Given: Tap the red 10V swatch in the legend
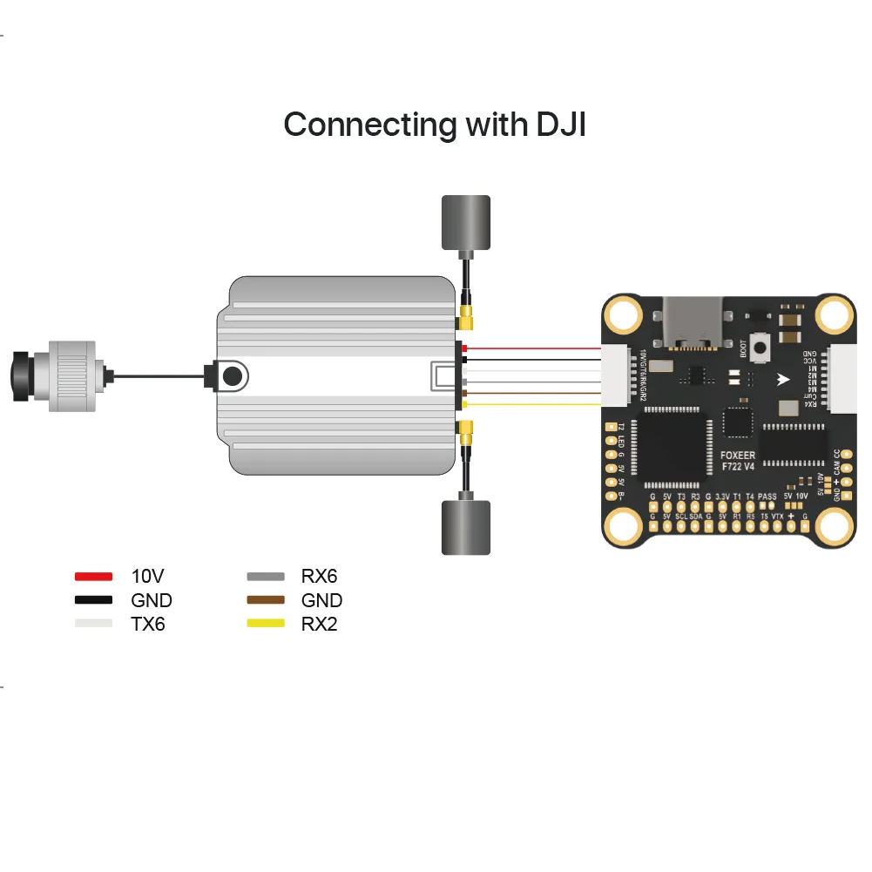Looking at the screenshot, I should coord(93,576).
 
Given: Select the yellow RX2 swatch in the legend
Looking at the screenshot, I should coord(266,624).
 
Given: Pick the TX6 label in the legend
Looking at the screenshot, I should coord(148,624).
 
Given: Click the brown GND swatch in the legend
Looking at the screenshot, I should coord(266,600).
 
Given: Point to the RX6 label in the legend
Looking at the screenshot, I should coord(319,576).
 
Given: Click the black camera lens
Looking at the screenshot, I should coord(19,376).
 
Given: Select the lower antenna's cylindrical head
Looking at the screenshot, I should coord(465,527).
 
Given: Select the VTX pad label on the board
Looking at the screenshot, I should coord(777,516).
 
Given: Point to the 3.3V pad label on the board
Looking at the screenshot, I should coord(722,497).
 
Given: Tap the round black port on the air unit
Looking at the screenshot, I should coord(232,376).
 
